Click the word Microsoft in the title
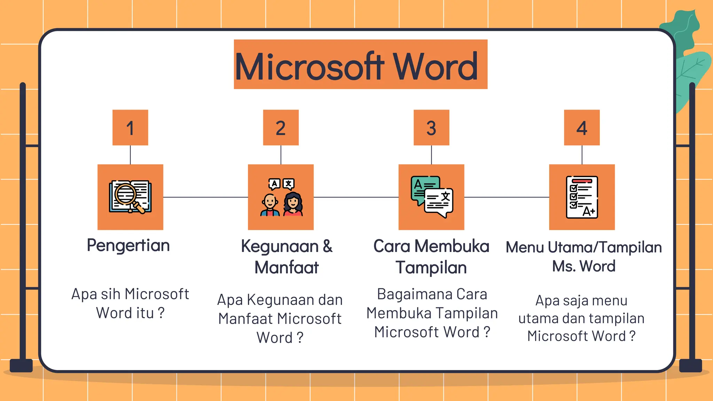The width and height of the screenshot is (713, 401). [309, 67]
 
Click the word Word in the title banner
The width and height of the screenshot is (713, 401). [435, 67]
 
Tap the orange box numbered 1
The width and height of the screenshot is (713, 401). [130, 127]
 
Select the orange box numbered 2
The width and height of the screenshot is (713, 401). [281, 127]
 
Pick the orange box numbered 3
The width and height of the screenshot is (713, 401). [431, 127]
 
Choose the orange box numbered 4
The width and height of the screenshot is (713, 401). [582, 127]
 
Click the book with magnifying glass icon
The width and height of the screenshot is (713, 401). [130, 197]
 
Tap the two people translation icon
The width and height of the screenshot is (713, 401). [281, 197]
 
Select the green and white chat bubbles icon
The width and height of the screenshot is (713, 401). [432, 197]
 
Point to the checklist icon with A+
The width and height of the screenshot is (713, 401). [582, 197]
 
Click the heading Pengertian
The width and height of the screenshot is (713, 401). [128, 246]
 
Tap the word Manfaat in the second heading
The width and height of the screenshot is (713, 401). [287, 268]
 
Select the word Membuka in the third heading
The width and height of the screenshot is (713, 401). [452, 246]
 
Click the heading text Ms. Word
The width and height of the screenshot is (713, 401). [583, 266]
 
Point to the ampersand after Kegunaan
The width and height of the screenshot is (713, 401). [328, 246]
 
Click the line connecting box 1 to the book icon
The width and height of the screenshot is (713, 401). [130, 155]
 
